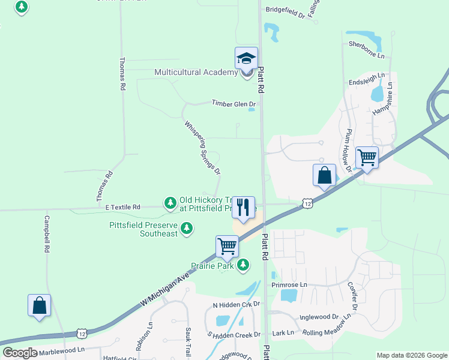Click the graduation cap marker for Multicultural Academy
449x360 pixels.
[246, 59]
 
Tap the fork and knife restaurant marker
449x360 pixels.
[243, 208]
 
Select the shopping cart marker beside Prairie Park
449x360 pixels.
[228, 246]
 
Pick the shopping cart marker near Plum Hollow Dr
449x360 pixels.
[367, 158]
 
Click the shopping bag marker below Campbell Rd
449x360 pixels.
[40, 305]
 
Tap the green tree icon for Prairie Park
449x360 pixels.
[243, 265]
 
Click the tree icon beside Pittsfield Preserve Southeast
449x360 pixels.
[187, 228]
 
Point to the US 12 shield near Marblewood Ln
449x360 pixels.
[82, 333]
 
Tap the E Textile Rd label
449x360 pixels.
[122, 207]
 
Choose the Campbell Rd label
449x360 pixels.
[46, 235]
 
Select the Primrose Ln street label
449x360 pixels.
[289, 284]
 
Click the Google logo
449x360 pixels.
[20, 353]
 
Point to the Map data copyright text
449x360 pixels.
[411, 355]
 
